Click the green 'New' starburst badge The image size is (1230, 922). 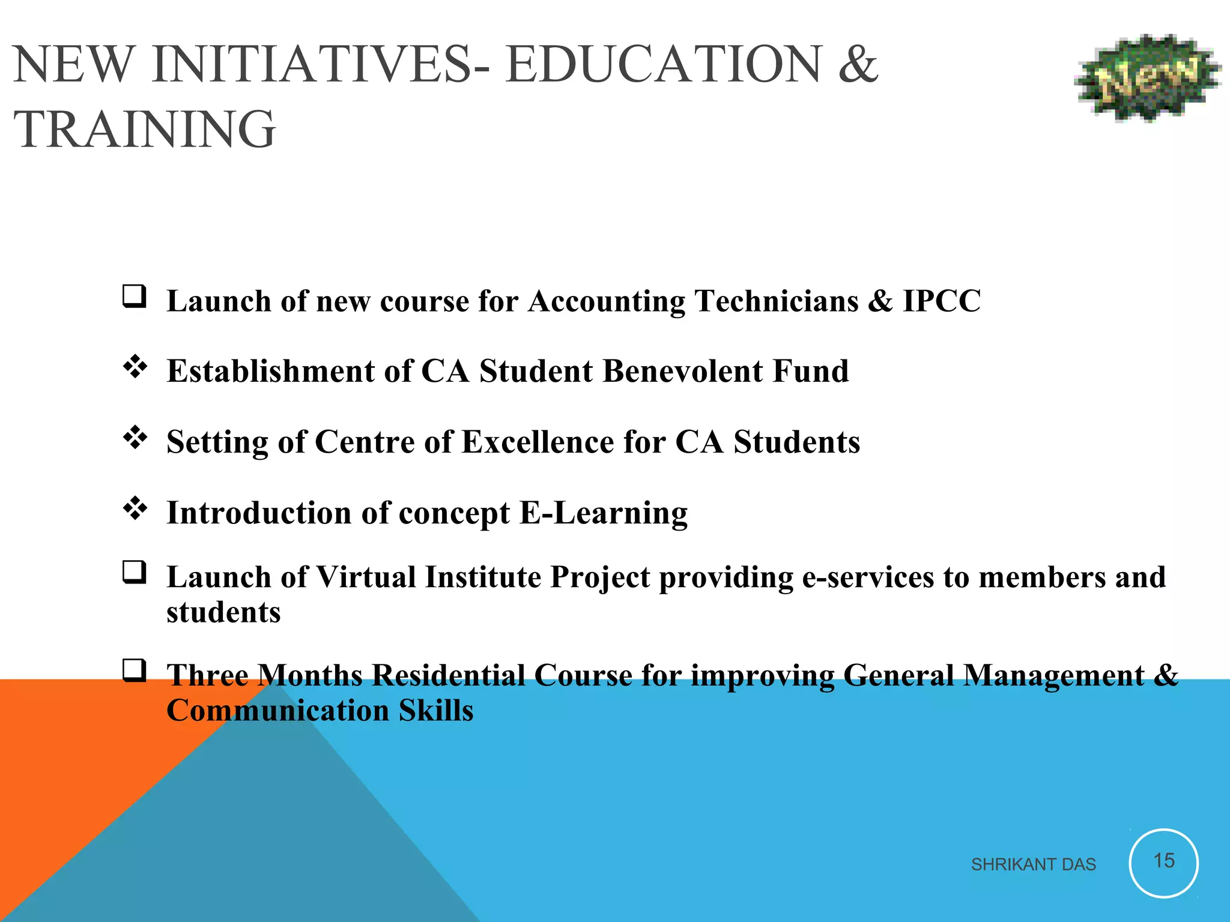pos(1147,78)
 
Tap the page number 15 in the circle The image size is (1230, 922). pos(1163,861)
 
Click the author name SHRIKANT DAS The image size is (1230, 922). pos(1033,864)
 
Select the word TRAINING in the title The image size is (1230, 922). pos(144,129)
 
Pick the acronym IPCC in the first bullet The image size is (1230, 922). pos(941,301)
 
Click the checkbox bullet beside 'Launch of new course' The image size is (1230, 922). pos(135,297)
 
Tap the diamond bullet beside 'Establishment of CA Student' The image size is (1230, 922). pos(135,367)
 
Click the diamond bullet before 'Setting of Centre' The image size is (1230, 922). pos(135,438)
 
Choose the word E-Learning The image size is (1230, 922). pos(604,513)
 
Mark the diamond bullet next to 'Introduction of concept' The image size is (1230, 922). pos(135,509)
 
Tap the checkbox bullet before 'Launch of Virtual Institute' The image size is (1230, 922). pos(135,573)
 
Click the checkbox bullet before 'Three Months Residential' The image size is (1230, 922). pos(135,670)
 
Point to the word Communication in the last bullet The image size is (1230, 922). pos(278,711)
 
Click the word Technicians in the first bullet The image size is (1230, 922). pos(776,301)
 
